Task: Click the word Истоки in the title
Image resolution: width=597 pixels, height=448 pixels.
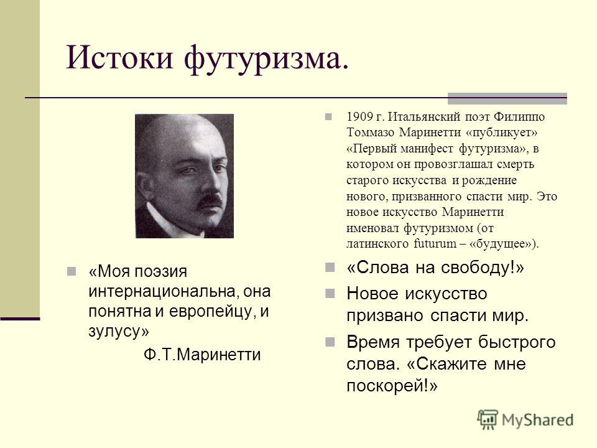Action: point(119,57)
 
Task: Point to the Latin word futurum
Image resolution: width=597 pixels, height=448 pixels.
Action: point(435,243)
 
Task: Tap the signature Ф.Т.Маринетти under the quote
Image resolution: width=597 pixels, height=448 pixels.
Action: point(202,355)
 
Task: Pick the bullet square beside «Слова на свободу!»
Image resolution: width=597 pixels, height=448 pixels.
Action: point(330,267)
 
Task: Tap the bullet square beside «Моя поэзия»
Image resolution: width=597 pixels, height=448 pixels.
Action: point(71,271)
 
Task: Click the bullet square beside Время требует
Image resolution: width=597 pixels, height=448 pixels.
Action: point(330,342)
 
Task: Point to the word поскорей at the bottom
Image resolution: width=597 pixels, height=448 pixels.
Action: point(386,386)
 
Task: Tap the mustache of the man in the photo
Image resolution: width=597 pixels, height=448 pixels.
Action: point(210,199)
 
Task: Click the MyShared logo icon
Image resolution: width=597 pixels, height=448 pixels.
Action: point(488,420)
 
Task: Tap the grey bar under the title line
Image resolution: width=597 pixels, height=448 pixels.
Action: point(507,98)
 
